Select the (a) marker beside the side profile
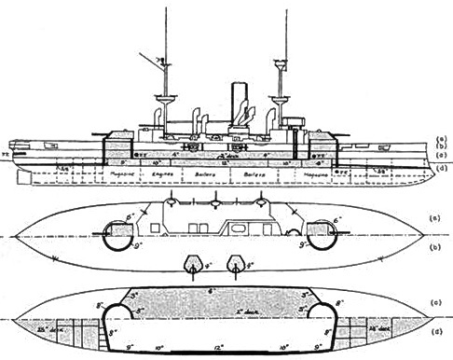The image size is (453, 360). pos(441,136)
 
